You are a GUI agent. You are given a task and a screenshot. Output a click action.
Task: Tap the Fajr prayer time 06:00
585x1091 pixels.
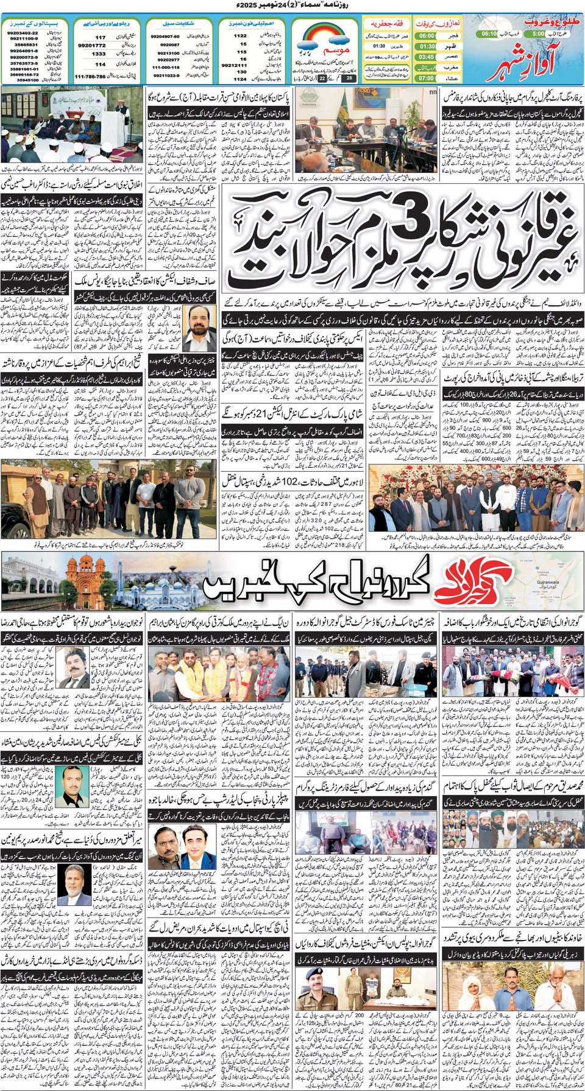click(427, 36)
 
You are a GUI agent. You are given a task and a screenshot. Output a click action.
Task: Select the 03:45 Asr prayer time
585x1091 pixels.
click(427, 57)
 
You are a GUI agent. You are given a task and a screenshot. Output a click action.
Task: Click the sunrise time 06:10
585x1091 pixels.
click(489, 34)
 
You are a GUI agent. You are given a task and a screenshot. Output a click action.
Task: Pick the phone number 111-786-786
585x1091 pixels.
click(90, 77)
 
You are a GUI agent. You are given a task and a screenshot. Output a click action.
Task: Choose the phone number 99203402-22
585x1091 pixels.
click(23, 33)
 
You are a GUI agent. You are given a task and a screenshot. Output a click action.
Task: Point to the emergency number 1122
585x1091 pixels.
click(241, 36)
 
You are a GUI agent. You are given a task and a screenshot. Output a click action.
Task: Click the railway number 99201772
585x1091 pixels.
click(91, 46)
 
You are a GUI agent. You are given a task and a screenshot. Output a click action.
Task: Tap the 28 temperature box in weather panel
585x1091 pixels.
click(349, 78)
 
